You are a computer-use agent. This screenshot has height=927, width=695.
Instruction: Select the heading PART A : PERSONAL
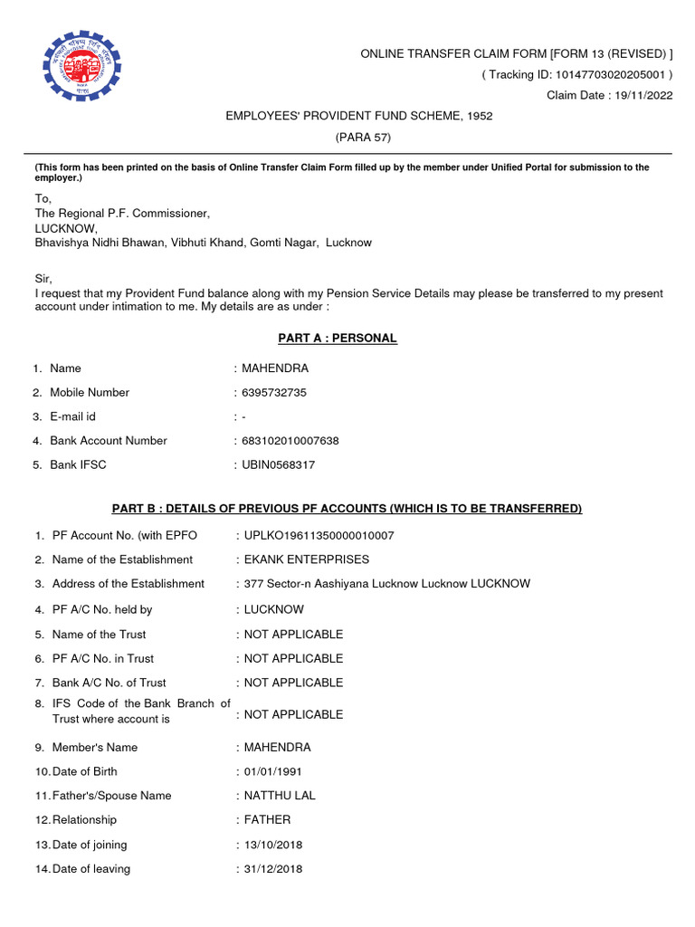(337, 339)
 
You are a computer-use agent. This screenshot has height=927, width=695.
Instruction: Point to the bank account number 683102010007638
(290, 441)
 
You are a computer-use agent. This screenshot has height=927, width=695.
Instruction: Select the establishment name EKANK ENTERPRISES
(307, 559)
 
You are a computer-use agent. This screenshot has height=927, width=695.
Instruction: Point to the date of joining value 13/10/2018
(273, 845)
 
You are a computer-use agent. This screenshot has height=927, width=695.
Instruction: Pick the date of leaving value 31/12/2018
(273, 869)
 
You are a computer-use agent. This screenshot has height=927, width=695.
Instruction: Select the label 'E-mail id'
(72, 417)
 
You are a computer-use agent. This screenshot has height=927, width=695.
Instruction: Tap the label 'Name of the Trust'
(99, 635)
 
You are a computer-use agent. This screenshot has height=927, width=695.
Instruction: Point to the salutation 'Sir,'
(44, 281)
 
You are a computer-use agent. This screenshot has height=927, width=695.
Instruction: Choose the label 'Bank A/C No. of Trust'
(109, 683)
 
